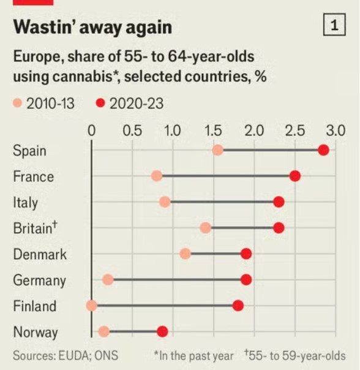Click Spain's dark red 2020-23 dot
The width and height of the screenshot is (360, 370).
(323, 150)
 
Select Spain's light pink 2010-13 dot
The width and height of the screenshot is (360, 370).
(218, 150)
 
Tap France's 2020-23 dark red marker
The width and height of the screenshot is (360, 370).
(295, 176)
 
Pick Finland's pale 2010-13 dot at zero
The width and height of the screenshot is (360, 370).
(92, 306)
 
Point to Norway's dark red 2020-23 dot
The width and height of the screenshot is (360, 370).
(162, 331)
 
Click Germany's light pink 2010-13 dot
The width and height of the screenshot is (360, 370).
(108, 280)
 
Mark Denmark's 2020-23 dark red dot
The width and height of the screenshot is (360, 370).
(246, 254)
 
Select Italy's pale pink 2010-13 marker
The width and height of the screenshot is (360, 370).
(165, 202)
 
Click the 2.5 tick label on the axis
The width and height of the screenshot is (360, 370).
(295, 130)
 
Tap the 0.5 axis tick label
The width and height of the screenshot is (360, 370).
(132, 130)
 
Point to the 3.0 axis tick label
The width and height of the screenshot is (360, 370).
(336, 130)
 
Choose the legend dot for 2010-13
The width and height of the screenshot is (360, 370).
(17, 104)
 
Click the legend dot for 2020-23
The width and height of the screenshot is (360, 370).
(101, 104)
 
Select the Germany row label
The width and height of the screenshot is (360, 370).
(39, 281)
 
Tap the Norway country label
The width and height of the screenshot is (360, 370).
(36, 332)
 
